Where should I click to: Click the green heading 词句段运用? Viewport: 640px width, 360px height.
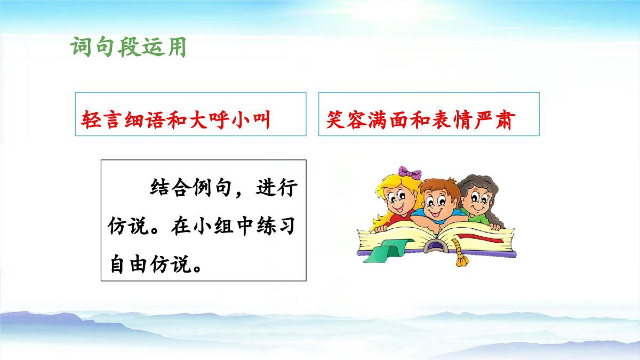(x=128, y=47)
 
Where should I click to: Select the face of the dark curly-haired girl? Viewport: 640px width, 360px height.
(x=475, y=201)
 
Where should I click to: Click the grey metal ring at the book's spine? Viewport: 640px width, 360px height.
(x=436, y=246)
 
